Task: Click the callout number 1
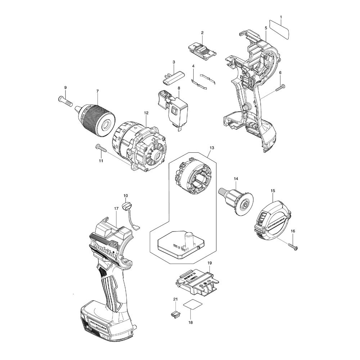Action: click(281, 17)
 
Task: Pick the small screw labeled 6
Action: click(280, 88)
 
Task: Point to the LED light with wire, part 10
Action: click(126, 207)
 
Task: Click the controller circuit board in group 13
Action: click(179, 243)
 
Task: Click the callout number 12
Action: click(146, 113)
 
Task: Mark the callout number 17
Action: click(116, 208)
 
